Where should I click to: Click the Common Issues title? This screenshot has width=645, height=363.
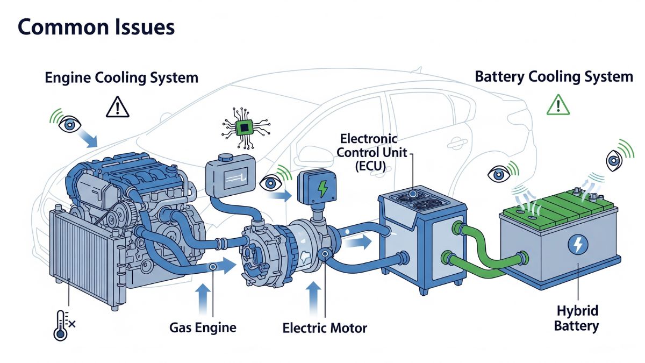point(96,27)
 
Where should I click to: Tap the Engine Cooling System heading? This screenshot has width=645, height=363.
point(121,77)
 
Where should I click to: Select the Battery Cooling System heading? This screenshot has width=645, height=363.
point(554,76)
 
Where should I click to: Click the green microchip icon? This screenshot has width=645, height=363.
point(245,127)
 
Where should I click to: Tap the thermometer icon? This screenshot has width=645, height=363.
point(61,325)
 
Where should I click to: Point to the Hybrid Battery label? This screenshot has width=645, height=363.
point(577,318)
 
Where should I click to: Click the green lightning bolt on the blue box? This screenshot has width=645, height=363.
point(323,188)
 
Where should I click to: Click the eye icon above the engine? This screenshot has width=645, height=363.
point(70,124)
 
